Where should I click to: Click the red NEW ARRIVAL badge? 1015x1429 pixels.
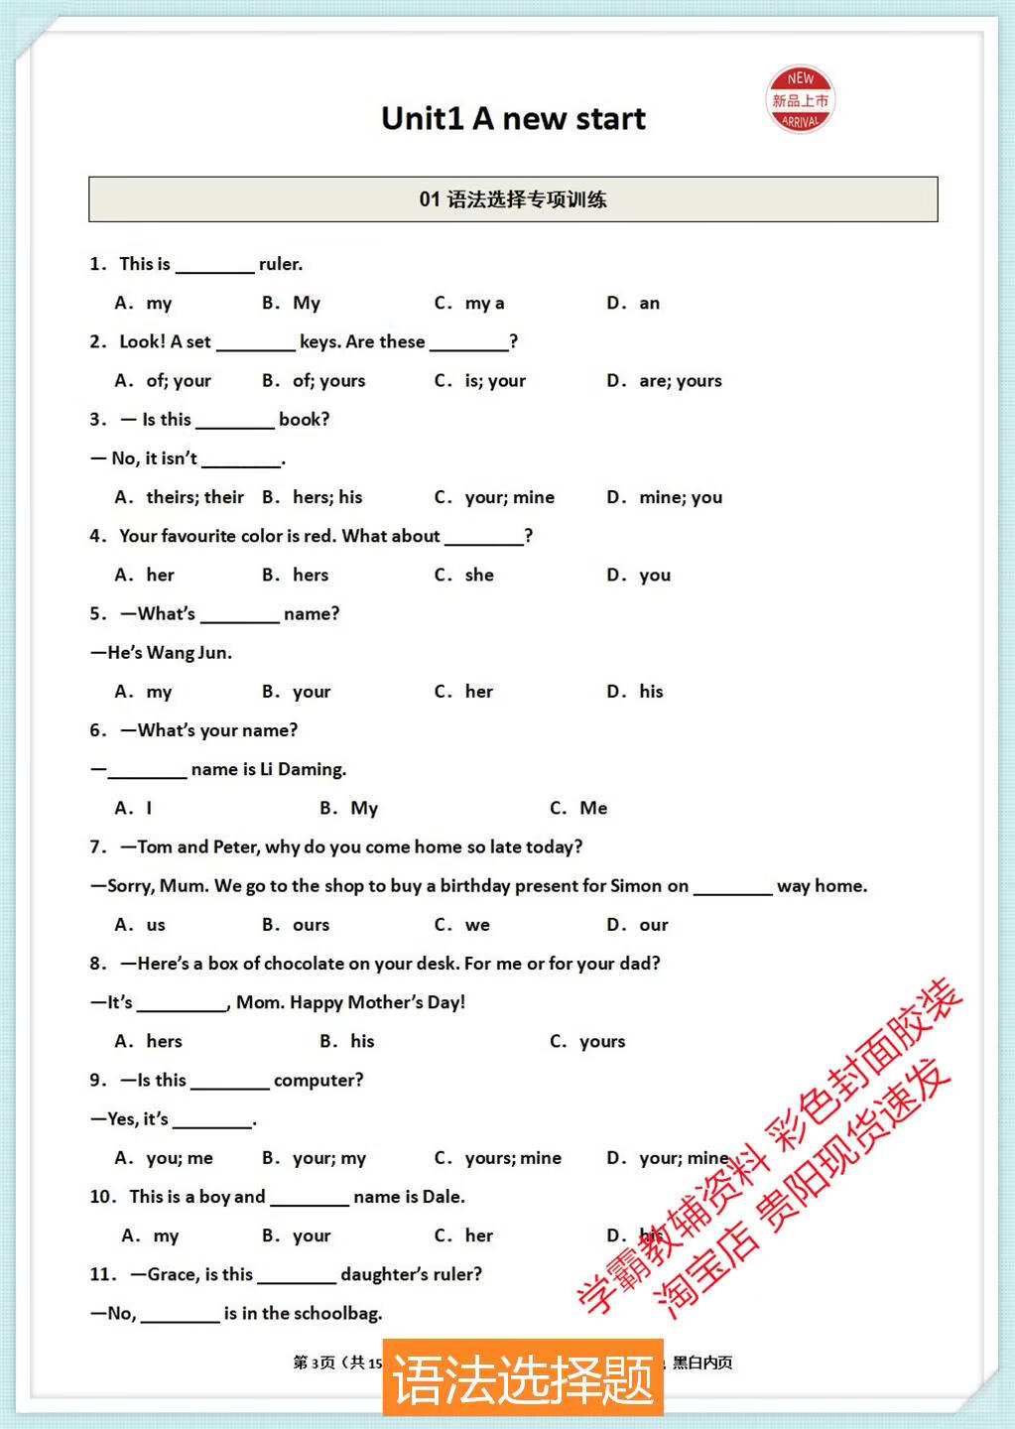(800, 100)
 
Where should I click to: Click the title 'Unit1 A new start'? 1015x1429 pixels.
(513, 119)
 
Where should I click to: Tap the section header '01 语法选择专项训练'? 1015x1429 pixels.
(512, 199)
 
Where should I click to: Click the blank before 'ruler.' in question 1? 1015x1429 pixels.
(214, 266)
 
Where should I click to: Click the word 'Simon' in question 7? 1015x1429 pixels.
(636, 886)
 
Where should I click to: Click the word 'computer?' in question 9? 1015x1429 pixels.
(318, 1081)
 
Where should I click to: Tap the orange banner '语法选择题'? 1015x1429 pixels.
(523, 1378)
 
